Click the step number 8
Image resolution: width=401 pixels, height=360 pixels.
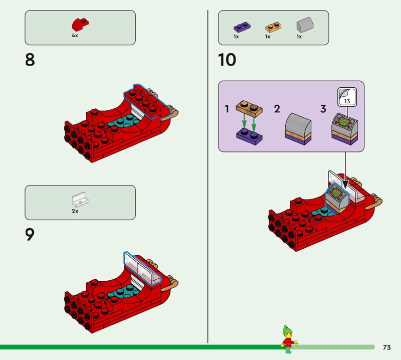[x=30, y=60]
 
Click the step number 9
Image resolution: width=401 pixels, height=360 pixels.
[x=30, y=235]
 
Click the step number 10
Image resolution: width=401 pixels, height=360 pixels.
[x=227, y=60]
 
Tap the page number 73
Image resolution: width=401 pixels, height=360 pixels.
[x=386, y=347]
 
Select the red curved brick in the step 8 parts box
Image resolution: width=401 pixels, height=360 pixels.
[x=80, y=24]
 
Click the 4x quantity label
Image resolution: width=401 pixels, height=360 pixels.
[x=75, y=36]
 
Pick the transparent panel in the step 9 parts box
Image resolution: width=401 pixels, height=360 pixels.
[x=80, y=200]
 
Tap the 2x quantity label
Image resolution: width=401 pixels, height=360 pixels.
[x=75, y=211]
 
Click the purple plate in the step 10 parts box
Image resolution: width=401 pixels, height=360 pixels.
[x=242, y=27]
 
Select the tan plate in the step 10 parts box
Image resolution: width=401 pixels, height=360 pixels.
[x=273, y=27]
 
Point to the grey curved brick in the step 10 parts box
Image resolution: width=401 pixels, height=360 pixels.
[x=305, y=25]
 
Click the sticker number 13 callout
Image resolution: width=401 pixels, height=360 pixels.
[x=347, y=97]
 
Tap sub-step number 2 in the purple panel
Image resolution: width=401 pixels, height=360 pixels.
[x=277, y=109]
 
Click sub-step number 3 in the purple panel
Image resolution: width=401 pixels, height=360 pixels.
[x=323, y=109]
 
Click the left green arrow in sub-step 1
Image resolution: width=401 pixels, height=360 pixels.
[x=244, y=121]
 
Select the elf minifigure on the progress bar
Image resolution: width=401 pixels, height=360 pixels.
[x=289, y=339]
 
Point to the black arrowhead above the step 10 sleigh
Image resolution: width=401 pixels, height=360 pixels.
[x=345, y=185]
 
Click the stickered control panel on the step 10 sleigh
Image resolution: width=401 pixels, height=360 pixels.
[x=337, y=198]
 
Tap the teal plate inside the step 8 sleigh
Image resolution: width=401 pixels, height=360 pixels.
[x=124, y=121]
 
